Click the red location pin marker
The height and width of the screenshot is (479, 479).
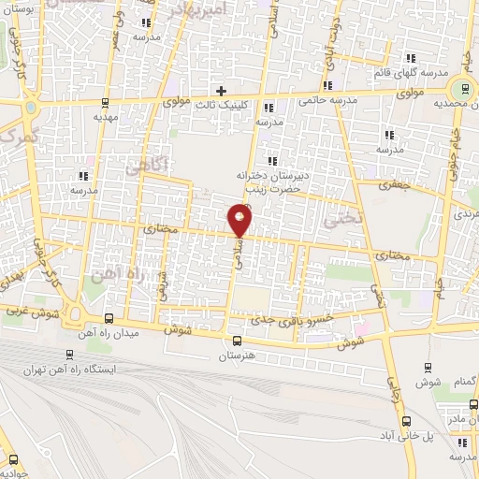click(240, 222)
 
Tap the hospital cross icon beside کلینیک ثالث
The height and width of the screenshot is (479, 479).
click(221, 92)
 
